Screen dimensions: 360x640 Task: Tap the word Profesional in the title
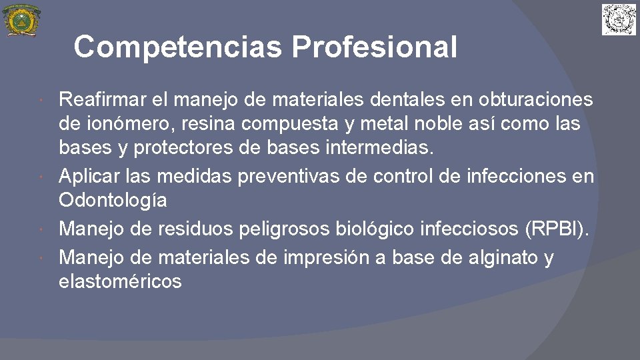(x=374, y=47)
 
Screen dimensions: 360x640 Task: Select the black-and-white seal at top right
(x=619, y=19)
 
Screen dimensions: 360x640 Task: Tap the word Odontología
(x=113, y=200)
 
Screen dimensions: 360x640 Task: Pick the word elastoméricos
(x=120, y=281)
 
